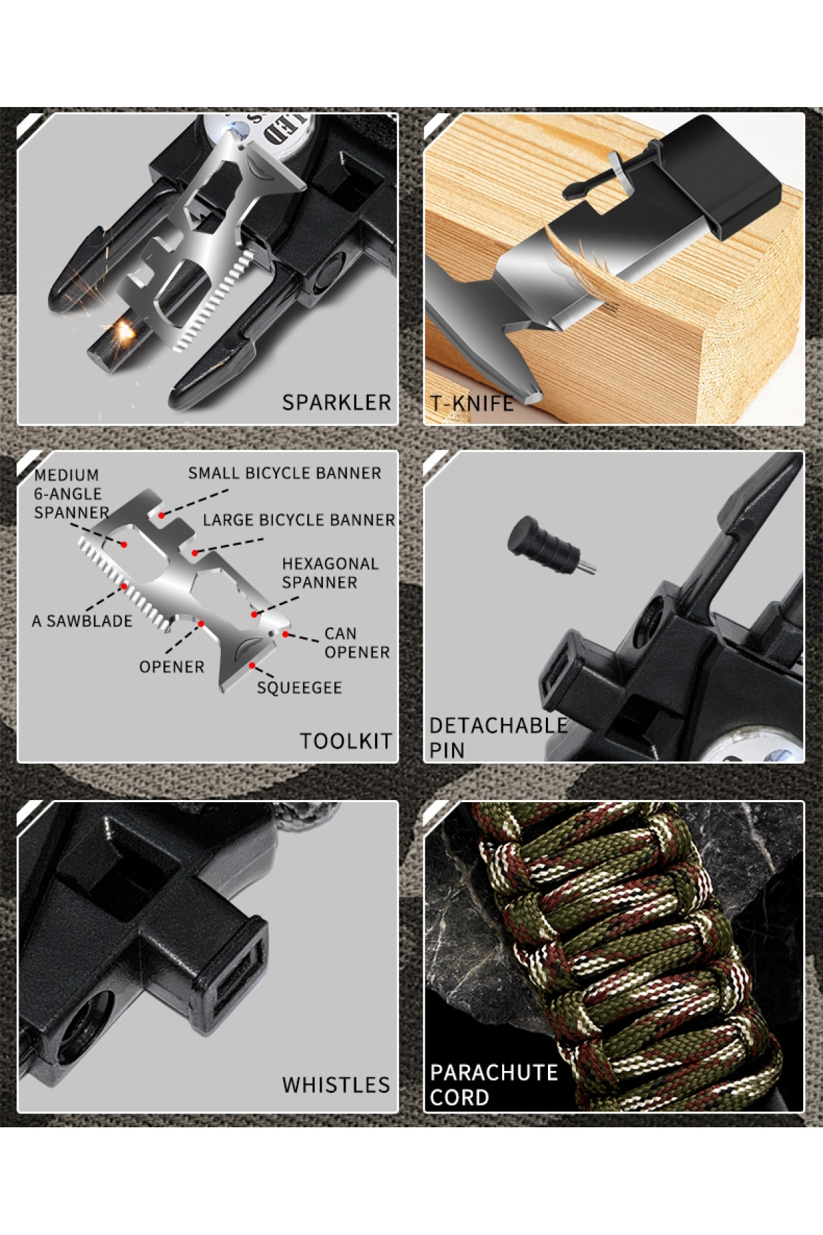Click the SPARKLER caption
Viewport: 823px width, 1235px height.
coord(336,402)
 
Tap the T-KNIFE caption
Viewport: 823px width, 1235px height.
coord(472,403)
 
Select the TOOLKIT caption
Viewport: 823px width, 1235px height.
coord(346,741)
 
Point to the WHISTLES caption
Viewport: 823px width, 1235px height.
coord(335,1085)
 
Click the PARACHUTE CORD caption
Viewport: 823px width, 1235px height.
coord(494,1085)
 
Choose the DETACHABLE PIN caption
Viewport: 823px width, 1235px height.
coord(499,738)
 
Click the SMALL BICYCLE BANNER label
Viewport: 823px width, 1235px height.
coord(285,473)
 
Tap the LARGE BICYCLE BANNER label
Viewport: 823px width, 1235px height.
coord(299,520)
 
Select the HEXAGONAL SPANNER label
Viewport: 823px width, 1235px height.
coord(330,573)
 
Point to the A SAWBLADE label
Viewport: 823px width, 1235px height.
coord(82,621)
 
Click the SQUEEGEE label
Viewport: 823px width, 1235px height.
coord(299,687)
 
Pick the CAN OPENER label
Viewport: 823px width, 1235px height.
coord(357,643)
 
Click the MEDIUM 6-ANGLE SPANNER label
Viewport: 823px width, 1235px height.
coord(71,493)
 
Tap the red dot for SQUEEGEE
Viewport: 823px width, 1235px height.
coord(252,666)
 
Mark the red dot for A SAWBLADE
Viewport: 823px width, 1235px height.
coord(123,587)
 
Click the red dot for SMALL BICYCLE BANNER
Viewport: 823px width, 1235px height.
coord(161,515)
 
